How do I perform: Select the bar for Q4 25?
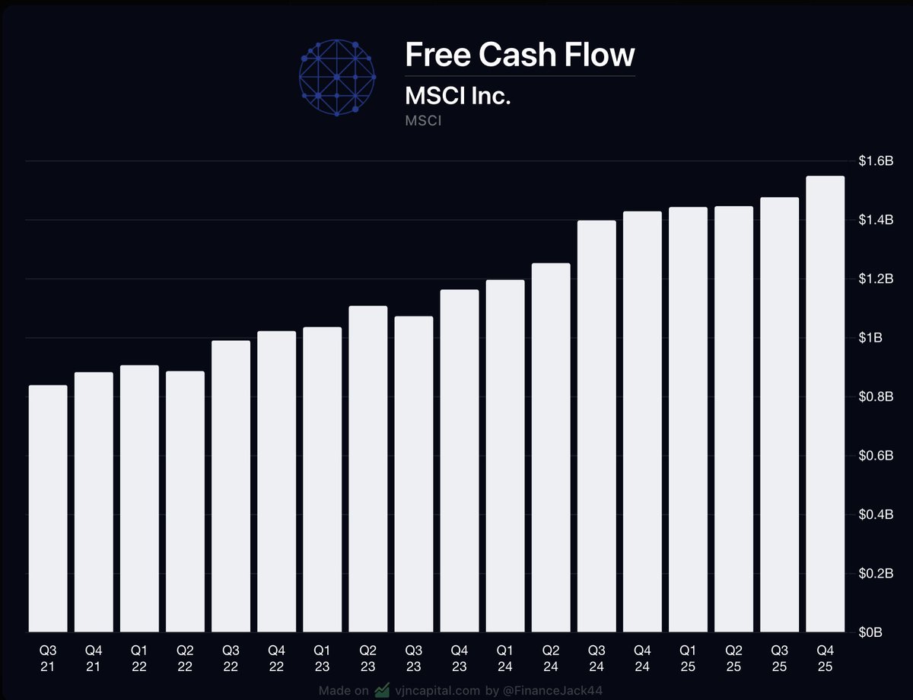826,404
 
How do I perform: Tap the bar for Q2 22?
186,501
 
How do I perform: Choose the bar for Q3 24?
596,426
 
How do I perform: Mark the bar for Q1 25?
688,419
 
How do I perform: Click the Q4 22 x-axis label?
277,659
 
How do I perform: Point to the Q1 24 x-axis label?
505,659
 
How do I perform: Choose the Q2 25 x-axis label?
733,659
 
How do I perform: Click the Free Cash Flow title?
520,55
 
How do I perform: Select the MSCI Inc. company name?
457,97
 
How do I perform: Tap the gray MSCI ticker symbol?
424,120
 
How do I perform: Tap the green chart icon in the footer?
382,691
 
